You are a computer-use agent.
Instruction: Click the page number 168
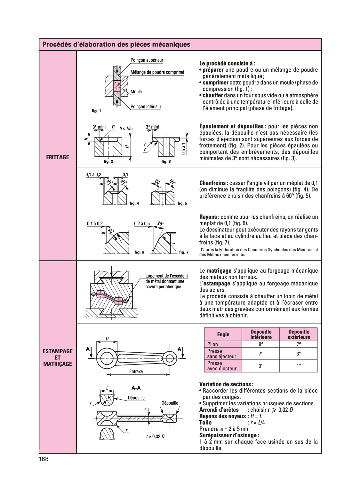click(44, 459)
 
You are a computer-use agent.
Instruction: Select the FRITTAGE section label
click(58, 157)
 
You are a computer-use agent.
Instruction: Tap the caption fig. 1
click(96, 111)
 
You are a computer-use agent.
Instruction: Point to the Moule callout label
click(136, 92)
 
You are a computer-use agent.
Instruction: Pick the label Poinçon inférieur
click(146, 107)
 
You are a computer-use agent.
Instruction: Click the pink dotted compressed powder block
click(117, 86)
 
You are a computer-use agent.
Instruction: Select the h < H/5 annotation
click(126, 129)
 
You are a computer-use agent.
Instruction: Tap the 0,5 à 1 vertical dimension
click(183, 149)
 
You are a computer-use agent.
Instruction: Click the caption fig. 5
click(182, 203)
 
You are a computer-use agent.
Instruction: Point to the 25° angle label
click(160, 223)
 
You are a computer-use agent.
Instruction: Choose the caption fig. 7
click(184, 252)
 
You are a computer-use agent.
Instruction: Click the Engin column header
click(223, 334)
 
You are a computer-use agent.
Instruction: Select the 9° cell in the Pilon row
click(261, 344)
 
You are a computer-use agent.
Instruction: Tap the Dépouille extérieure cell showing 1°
click(299, 366)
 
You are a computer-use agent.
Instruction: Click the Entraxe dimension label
click(136, 371)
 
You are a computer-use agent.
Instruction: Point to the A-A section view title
click(136, 388)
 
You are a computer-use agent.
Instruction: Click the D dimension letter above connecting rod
click(108, 338)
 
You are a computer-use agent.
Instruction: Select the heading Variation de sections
click(226, 384)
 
